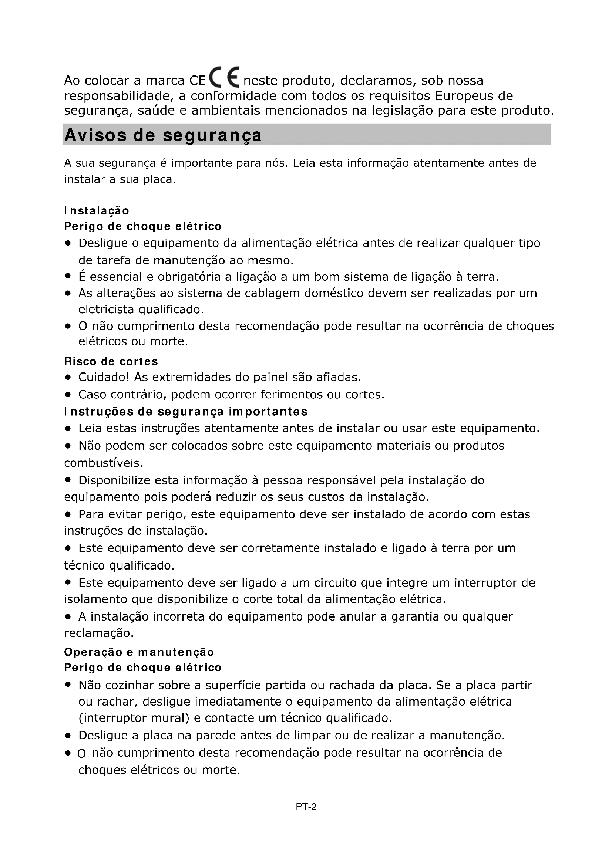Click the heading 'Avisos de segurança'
coord(163,135)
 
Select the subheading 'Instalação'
coord(97,210)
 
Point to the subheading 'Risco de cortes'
coord(111,361)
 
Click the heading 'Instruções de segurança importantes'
coord(186,411)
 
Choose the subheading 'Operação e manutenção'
coord(139,652)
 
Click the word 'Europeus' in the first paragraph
coord(464,96)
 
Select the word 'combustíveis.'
coord(104,463)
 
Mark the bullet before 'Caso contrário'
coord(68,395)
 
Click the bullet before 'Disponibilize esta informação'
coord(68,480)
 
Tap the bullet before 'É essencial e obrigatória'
coord(68,277)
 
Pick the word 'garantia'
coord(415,617)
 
